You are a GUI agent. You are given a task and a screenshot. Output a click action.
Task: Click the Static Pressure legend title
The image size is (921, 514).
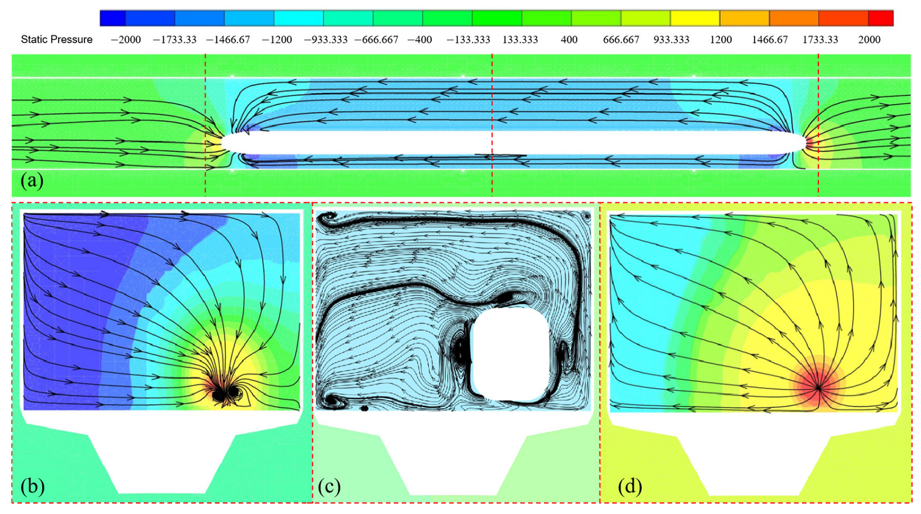57,39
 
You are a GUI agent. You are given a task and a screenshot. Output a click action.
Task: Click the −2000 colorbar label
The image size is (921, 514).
125,39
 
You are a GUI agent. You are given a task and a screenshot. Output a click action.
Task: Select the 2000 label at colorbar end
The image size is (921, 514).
869,39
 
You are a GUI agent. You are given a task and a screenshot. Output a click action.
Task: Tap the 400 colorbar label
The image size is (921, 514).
569,39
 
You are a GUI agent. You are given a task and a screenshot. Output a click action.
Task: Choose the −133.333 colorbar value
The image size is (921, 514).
468,39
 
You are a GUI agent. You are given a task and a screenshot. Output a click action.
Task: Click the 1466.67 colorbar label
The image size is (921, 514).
770,39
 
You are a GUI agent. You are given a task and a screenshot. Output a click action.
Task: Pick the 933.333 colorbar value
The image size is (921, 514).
671,39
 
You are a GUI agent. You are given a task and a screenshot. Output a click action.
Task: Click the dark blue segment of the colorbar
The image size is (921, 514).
113,18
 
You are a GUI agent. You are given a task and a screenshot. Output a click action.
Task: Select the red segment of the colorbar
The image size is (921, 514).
880,18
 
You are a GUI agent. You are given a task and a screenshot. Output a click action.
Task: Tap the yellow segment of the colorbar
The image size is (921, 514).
695,18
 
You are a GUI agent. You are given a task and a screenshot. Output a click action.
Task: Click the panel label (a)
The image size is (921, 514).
32,180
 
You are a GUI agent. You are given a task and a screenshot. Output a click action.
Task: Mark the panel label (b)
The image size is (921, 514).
32,486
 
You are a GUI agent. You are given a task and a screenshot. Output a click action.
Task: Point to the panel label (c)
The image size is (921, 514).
329,486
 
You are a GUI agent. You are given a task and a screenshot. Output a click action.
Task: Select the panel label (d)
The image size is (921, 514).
630,486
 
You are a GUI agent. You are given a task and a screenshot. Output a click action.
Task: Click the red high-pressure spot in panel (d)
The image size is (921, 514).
818,386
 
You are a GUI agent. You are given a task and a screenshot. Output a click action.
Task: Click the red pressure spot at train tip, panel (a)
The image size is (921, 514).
810,143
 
